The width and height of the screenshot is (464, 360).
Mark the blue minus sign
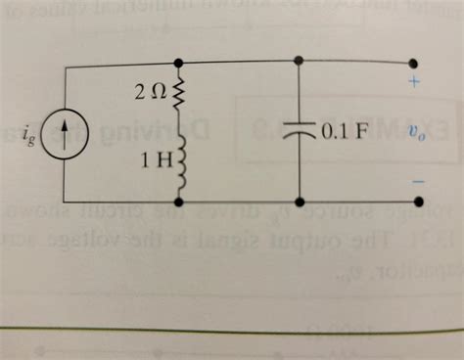(417, 181)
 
